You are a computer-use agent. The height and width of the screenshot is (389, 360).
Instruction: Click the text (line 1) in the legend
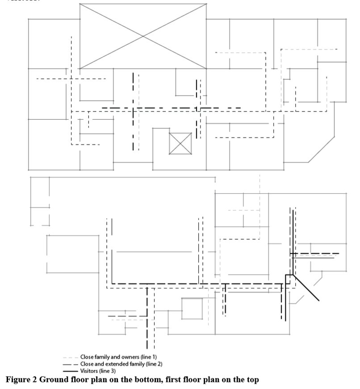point(142,357)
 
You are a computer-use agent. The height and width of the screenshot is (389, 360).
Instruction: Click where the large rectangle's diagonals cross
point(143,36)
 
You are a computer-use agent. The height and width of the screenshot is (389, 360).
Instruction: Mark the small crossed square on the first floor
point(180,144)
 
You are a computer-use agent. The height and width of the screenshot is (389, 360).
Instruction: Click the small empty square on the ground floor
point(192,309)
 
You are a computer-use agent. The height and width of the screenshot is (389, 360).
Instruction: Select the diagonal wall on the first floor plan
point(322,147)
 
